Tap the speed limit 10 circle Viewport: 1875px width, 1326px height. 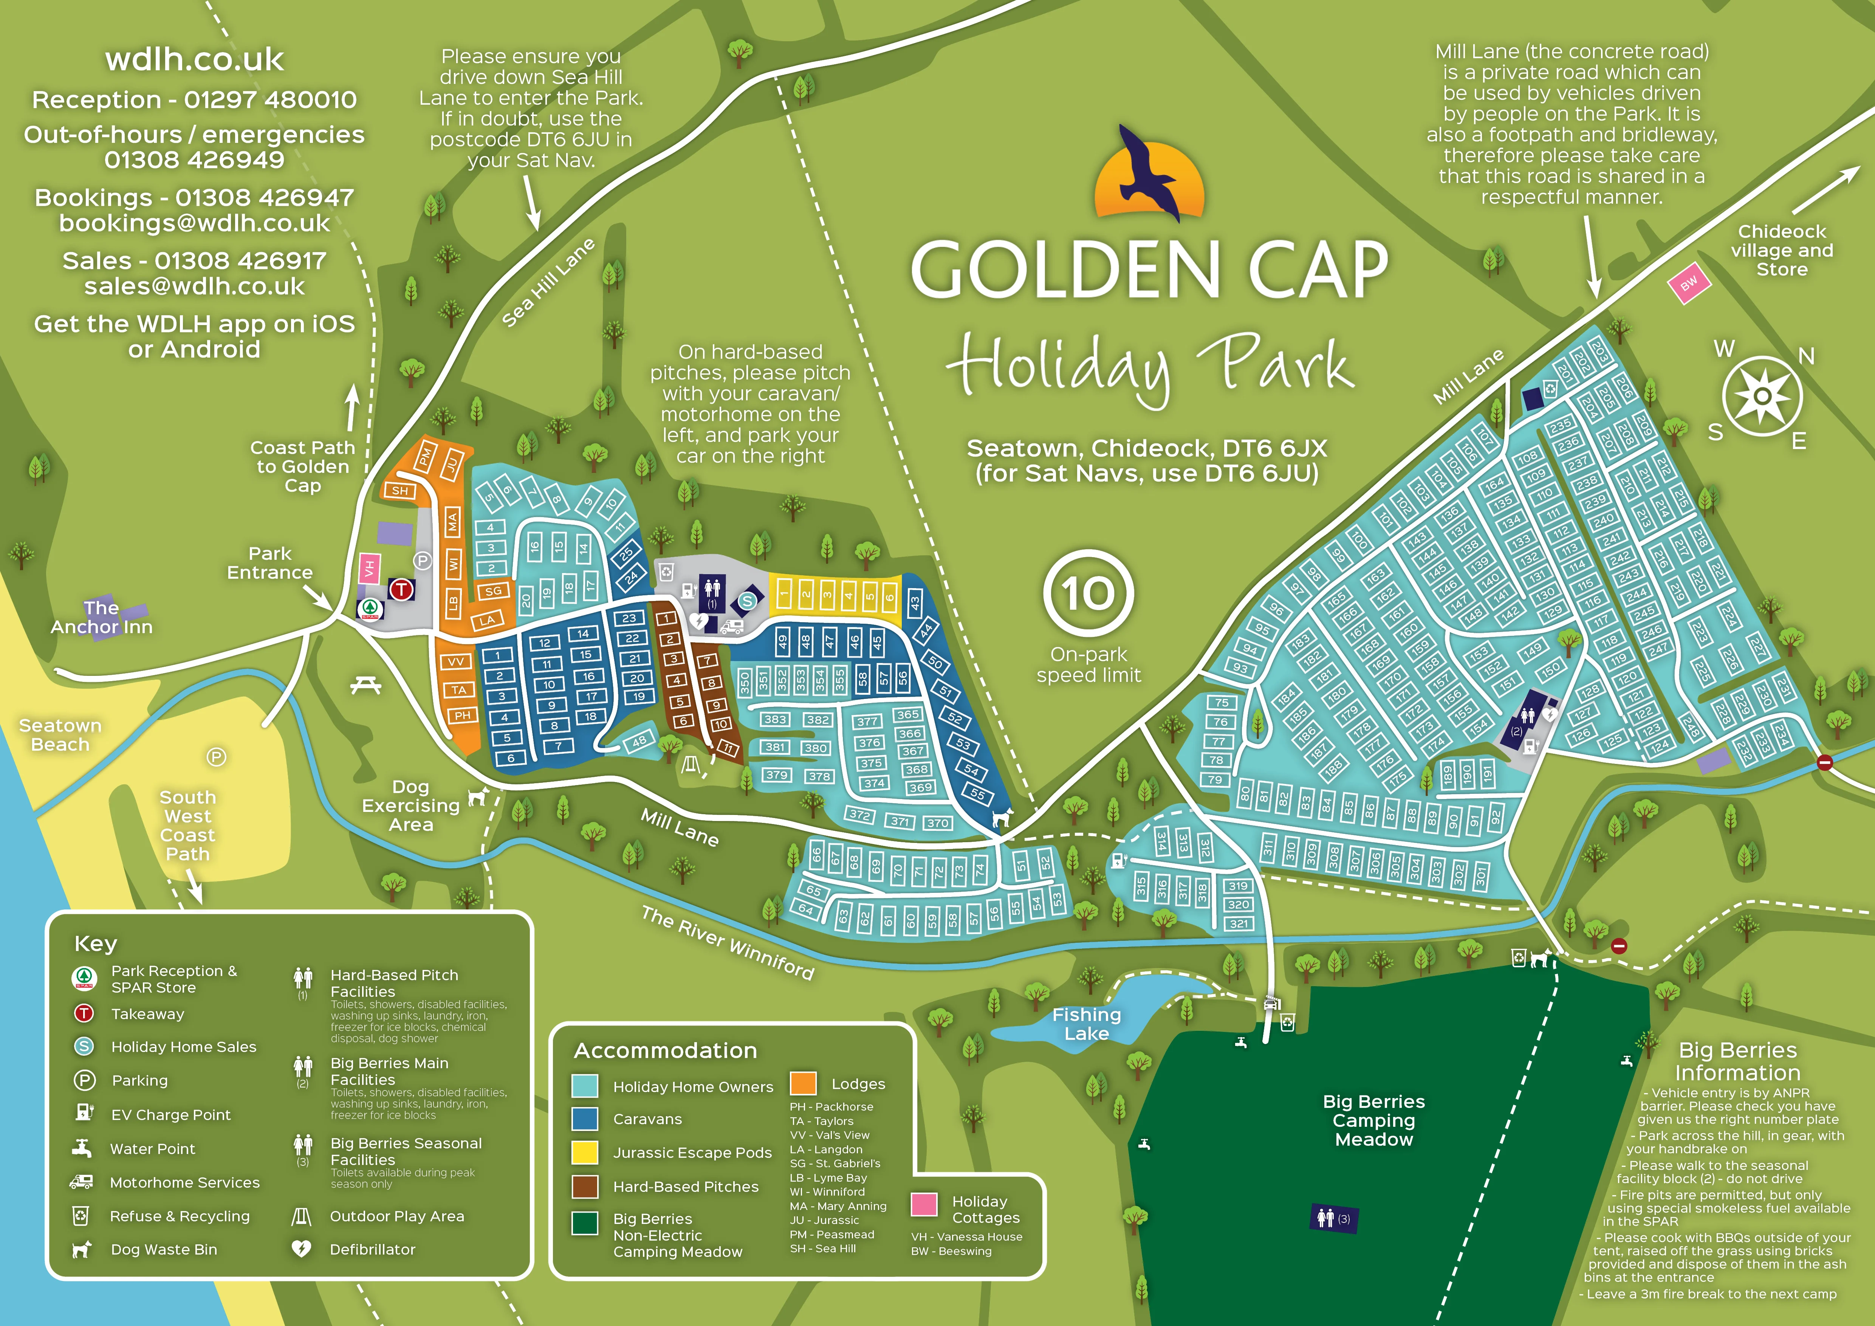[1088, 593]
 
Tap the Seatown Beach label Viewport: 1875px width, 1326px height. [60, 735]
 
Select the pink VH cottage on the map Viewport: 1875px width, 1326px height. [369, 567]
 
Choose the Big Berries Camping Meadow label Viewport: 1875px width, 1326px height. [1373, 1120]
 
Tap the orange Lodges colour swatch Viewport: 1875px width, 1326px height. [803, 1083]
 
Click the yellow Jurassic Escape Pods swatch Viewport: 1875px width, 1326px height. [585, 1152]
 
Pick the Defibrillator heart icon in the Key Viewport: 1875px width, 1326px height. [301, 1249]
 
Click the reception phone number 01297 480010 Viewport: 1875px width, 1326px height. [270, 100]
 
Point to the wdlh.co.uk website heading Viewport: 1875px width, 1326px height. [194, 60]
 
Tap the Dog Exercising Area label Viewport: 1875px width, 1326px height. [411, 806]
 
